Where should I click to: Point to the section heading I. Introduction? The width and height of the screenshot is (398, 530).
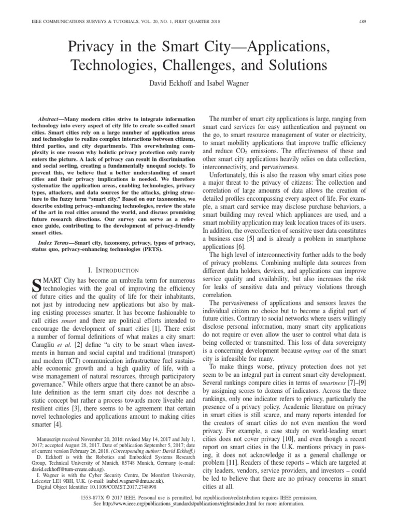[x=113, y=270]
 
